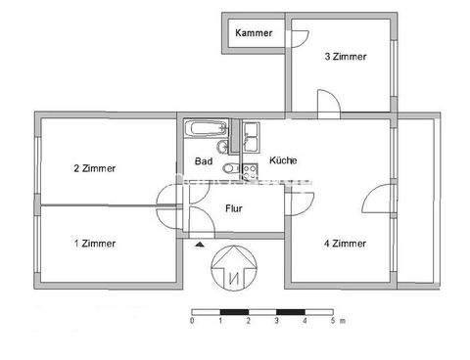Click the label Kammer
pos(254,34)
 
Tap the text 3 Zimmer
pos(346,57)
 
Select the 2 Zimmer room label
pos(94,168)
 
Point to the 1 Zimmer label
pos(94,243)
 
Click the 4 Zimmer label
pos(346,243)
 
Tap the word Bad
pos(204,161)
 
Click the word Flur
pos(234,207)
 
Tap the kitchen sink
pos(251,134)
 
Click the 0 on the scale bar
pos(192,320)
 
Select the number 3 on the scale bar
pos(277,320)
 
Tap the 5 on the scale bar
pos(333,320)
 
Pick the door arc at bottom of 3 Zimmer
pos(329,102)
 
